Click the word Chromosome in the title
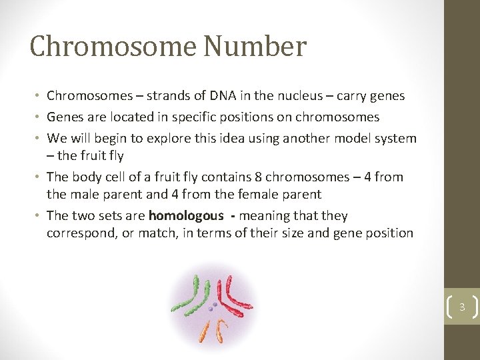click(x=113, y=47)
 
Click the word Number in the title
click(x=255, y=47)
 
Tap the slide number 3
click(x=461, y=308)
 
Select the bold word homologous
click(x=187, y=216)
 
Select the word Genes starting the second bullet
click(x=64, y=117)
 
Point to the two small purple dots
click(x=213, y=307)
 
